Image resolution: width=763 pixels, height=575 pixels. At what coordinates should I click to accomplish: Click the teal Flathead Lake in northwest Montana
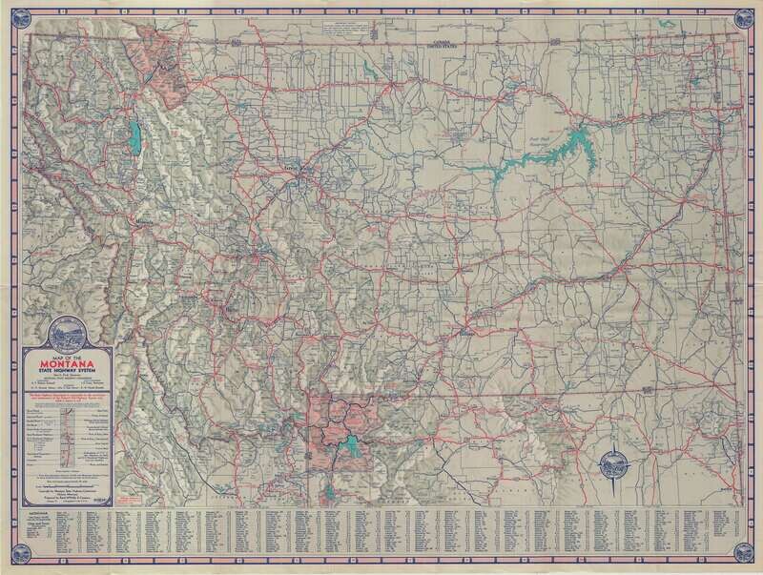139,136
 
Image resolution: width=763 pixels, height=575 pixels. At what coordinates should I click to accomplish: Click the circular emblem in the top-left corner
14,13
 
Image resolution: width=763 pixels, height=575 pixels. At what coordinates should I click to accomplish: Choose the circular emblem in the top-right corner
749,13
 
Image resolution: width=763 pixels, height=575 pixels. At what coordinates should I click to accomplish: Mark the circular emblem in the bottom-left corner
14,561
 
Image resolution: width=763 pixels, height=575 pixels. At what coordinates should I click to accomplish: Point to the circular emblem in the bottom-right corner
749,561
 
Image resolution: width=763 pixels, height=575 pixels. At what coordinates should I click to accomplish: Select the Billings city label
467,335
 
